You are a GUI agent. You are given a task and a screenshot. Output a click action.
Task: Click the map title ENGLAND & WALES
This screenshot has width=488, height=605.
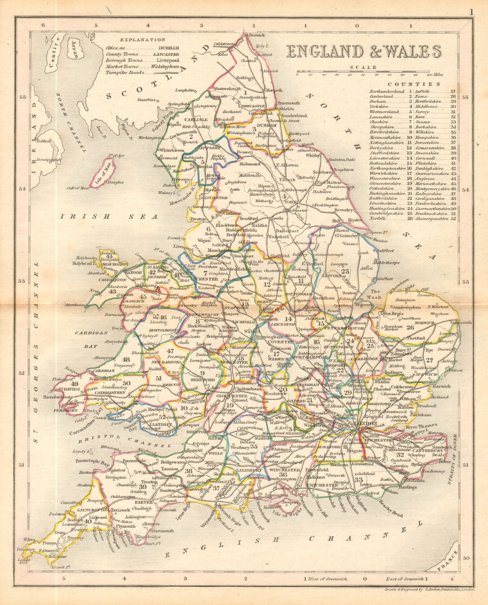[364, 52]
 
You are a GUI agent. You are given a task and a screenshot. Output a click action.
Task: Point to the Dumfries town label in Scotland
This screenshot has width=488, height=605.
[146, 100]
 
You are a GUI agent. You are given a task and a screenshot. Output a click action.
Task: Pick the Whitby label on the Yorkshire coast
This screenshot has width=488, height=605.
[313, 156]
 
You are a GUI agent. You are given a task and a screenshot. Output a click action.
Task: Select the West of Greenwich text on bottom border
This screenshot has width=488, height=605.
[328, 579]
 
